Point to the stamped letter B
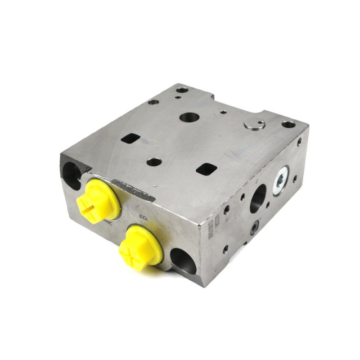click(144, 218)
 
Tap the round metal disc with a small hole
click(256, 125)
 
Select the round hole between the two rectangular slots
click(154, 162)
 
